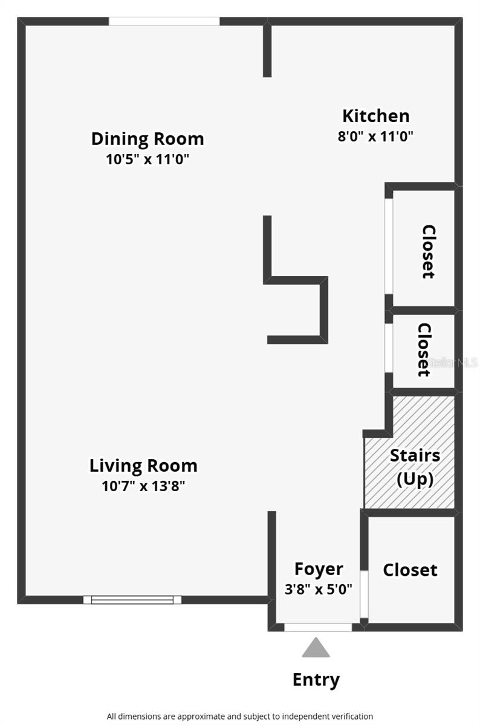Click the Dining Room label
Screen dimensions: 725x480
(148, 139)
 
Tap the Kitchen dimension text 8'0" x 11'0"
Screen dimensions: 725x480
(375, 136)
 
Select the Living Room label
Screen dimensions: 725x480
(143, 466)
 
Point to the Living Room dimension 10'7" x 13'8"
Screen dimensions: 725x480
(143, 486)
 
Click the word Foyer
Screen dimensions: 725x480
(319, 569)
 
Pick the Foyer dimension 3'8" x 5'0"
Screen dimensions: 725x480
(319, 588)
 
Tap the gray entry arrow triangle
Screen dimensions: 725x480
(316, 648)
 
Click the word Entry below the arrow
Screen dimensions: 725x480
(316, 680)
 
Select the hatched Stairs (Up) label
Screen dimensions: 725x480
(415, 467)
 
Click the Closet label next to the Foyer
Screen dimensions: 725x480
(410, 570)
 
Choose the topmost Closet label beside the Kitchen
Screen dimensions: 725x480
(429, 251)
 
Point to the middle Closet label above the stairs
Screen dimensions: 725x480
(424, 349)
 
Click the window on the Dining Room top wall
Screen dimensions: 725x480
(164, 21)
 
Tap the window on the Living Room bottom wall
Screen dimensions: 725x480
(132, 600)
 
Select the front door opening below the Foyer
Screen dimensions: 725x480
(318, 628)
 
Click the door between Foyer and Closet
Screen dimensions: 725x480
(364, 594)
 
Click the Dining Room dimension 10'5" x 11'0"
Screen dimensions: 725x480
(148, 160)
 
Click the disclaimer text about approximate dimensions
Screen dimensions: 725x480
(240, 716)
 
